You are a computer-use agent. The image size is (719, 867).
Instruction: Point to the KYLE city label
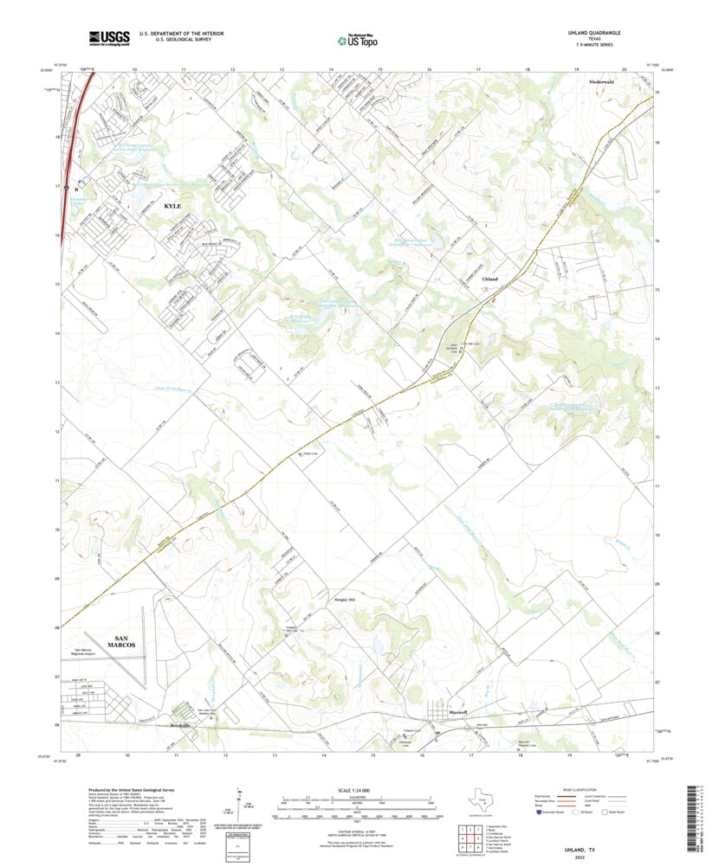172,207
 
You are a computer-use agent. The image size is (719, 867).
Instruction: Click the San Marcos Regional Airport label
94,651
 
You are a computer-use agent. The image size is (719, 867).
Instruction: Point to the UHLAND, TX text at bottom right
598,851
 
